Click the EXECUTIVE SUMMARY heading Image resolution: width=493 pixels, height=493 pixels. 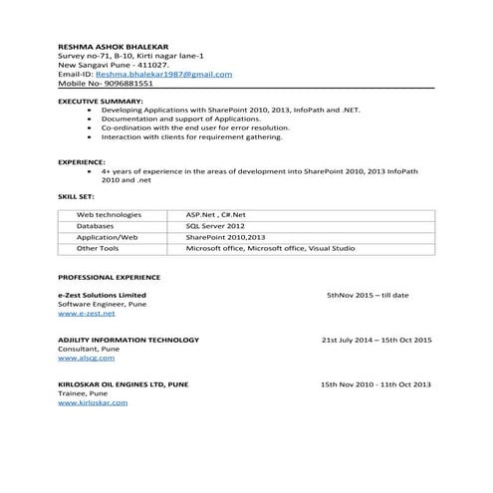(x=101, y=102)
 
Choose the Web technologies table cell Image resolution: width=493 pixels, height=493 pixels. (x=109, y=214)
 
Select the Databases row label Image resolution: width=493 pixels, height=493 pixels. (x=96, y=225)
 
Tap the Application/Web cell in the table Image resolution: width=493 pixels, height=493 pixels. (x=107, y=237)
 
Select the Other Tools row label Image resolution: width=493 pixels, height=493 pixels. (x=98, y=248)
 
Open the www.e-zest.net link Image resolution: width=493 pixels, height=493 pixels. (x=87, y=313)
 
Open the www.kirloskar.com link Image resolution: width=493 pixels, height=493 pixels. (x=93, y=402)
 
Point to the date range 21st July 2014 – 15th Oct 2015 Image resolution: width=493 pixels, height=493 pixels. (x=375, y=340)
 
